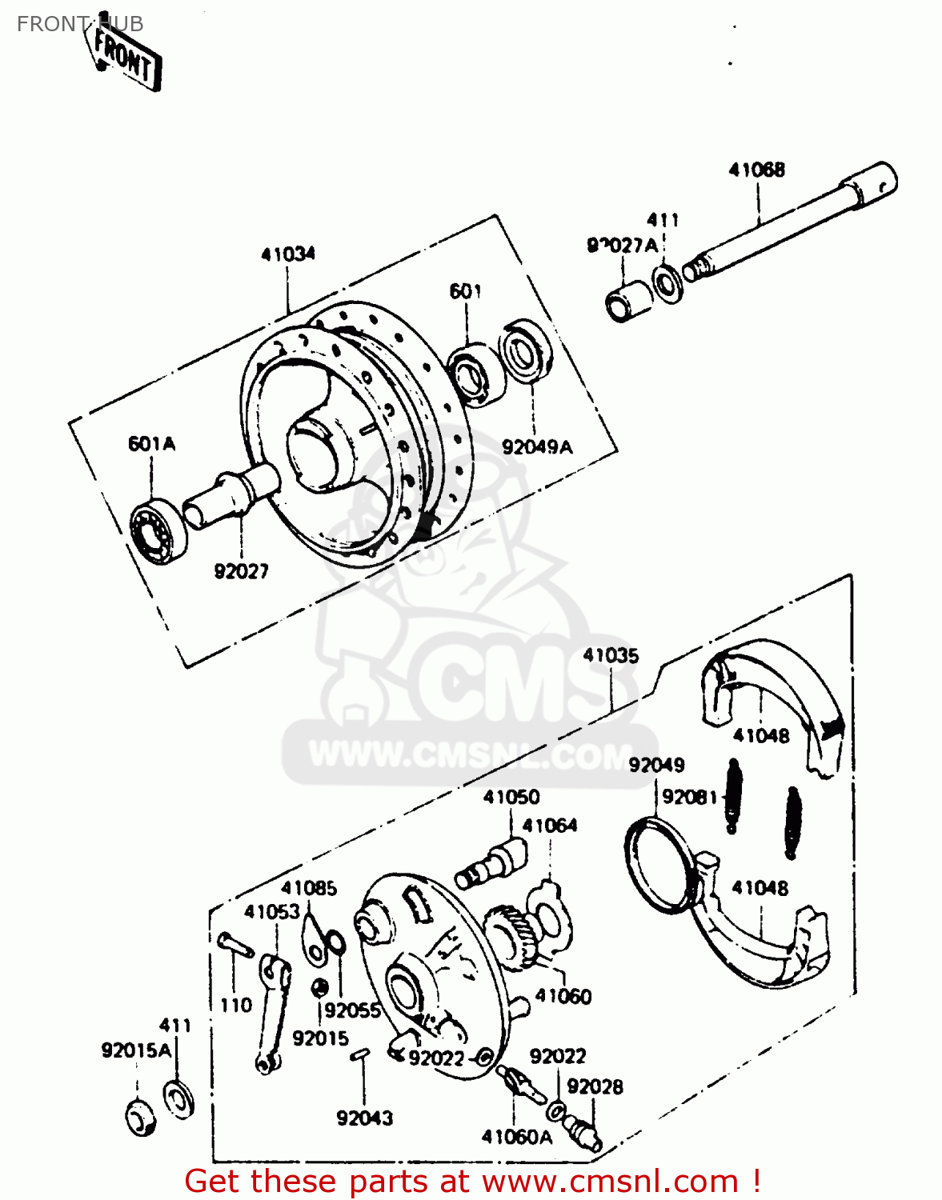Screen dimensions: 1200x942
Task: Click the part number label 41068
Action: pos(756,170)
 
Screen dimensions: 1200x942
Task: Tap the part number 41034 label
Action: pos(288,254)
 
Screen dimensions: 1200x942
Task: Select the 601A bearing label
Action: pos(151,443)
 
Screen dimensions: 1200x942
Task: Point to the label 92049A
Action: pos(537,447)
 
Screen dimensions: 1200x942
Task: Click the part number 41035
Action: pos(611,656)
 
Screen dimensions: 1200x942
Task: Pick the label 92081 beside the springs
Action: pos(689,798)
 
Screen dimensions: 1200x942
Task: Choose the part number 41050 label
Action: pos(511,797)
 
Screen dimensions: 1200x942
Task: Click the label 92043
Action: pos(364,1118)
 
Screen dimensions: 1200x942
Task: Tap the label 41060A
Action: pos(517,1137)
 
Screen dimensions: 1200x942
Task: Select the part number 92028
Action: pos(595,1086)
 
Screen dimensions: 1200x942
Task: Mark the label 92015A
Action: pos(136,1050)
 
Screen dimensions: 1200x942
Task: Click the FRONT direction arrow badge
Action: pos(124,58)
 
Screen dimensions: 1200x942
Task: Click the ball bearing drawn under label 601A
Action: pos(158,530)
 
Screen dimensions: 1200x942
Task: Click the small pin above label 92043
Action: pos(359,1055)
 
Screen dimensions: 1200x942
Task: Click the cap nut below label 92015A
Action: pos(142,1117)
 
